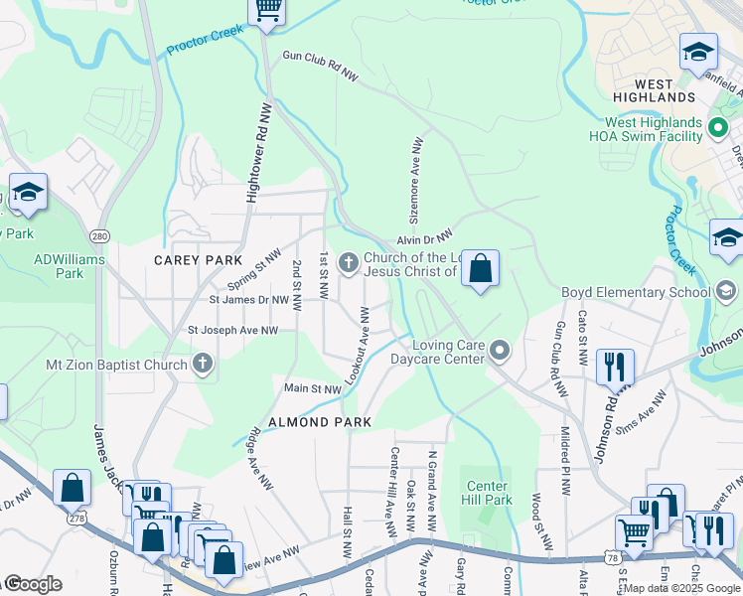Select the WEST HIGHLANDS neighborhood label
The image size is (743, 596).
pyautogui.click(x=651, y=97)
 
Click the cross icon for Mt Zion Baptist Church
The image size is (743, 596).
pyautogui.click(x=203, y=364)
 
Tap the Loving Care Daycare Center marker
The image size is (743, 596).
pyautogui.click(x=500, y=351)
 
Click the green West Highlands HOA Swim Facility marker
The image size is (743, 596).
pyautogui.click(x=719, y=128)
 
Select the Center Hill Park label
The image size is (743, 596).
pyautogui.click(x=488, y=493)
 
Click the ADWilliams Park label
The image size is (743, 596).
pyautogui.click(x=59, y=265)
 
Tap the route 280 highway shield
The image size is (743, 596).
pyautogui.click(x=98, y=236)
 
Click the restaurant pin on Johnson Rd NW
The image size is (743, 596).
pyautogui.click(x=615, y=367)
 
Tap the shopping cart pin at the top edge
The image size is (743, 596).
pyautogui.click(x=266, y=10)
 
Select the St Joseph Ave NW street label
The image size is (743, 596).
pyautogui.click(x=233, y=330)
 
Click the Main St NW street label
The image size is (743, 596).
pyautogui.click(x=313, y=388)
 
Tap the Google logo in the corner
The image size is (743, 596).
pyautogui.click(x=32, y=584)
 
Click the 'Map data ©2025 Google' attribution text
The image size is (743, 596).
pyautogui.click(x=680, y=588)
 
